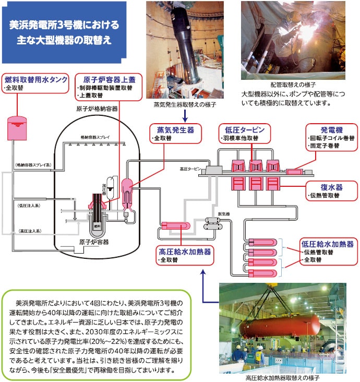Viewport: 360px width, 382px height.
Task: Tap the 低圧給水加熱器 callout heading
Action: click(x=328, y=244)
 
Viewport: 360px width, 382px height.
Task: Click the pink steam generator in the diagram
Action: click(x=127, y=192)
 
